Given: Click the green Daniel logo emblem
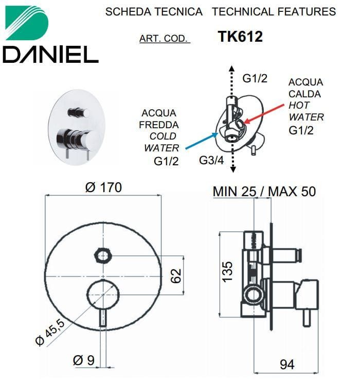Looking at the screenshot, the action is (x=27, y=23).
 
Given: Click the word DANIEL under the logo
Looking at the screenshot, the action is (x=50, y=55).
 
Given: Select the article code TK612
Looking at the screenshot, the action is (x=240, y=37).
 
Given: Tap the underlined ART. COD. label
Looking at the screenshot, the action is (x=164, y=39).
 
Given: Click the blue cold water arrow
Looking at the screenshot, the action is (x=202, y=141).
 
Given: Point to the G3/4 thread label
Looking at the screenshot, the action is (x=211, y=160).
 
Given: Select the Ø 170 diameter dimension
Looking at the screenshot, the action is (x=103, y=187).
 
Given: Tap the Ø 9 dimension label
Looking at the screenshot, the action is (x=84, y=360).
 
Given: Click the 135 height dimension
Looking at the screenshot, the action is (x=227, y=271).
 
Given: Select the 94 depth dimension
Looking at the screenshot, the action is (x=287, y=364).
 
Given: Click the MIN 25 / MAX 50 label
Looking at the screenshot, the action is (x=264, y=192).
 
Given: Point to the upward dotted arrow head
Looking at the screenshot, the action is (x=232, y=68).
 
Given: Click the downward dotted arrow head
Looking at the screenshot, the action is (x=233, y=169).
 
